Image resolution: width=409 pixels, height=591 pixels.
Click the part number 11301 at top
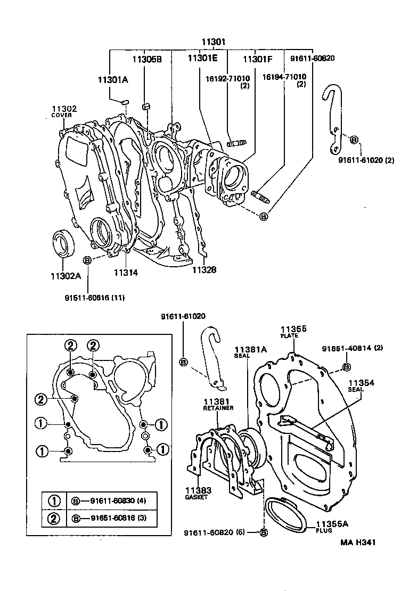[214, 42]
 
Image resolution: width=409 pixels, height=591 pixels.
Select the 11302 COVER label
[64, 111]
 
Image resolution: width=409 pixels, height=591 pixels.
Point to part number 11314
[126, 273]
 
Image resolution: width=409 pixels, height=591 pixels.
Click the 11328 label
[204, 270]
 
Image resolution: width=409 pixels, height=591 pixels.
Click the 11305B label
[147, 60]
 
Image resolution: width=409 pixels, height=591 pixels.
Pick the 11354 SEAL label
[362, 385]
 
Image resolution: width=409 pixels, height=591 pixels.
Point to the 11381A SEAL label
[251, 352]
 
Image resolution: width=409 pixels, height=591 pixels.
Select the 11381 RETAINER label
[216, 404]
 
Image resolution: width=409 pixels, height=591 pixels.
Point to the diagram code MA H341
[359, 543]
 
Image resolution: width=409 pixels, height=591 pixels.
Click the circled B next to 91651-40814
[346, 366]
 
